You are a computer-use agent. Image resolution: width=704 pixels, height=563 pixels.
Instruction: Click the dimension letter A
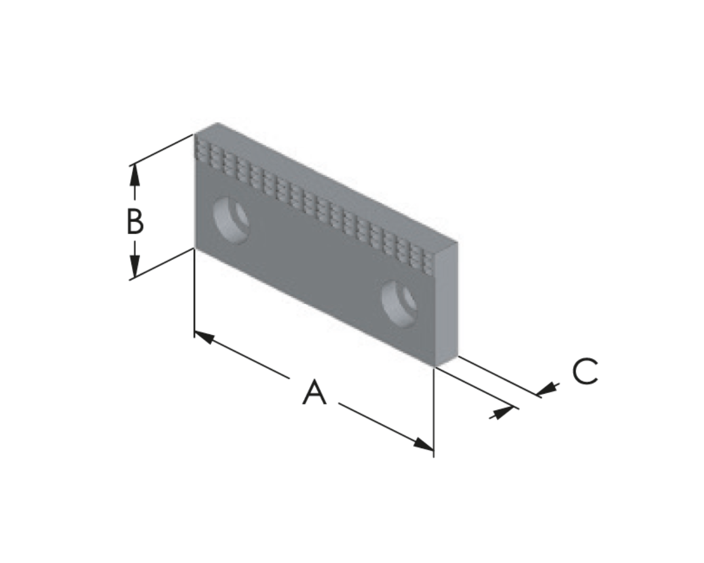click(x=314, y=392)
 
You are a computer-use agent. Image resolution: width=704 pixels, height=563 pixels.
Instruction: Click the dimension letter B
click(x=135, y=222)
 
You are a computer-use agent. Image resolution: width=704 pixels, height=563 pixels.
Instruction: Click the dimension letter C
click(x=585, y=371)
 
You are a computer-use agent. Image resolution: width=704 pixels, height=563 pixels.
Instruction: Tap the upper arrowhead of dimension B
click(x=134, y=175)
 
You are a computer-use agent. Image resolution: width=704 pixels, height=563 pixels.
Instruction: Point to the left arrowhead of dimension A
click(x=205, y=337)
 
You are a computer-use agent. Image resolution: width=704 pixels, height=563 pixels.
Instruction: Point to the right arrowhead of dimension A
click(x=424, y=444)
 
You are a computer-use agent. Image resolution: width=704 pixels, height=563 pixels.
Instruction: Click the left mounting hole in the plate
click(x=230, y=220)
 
